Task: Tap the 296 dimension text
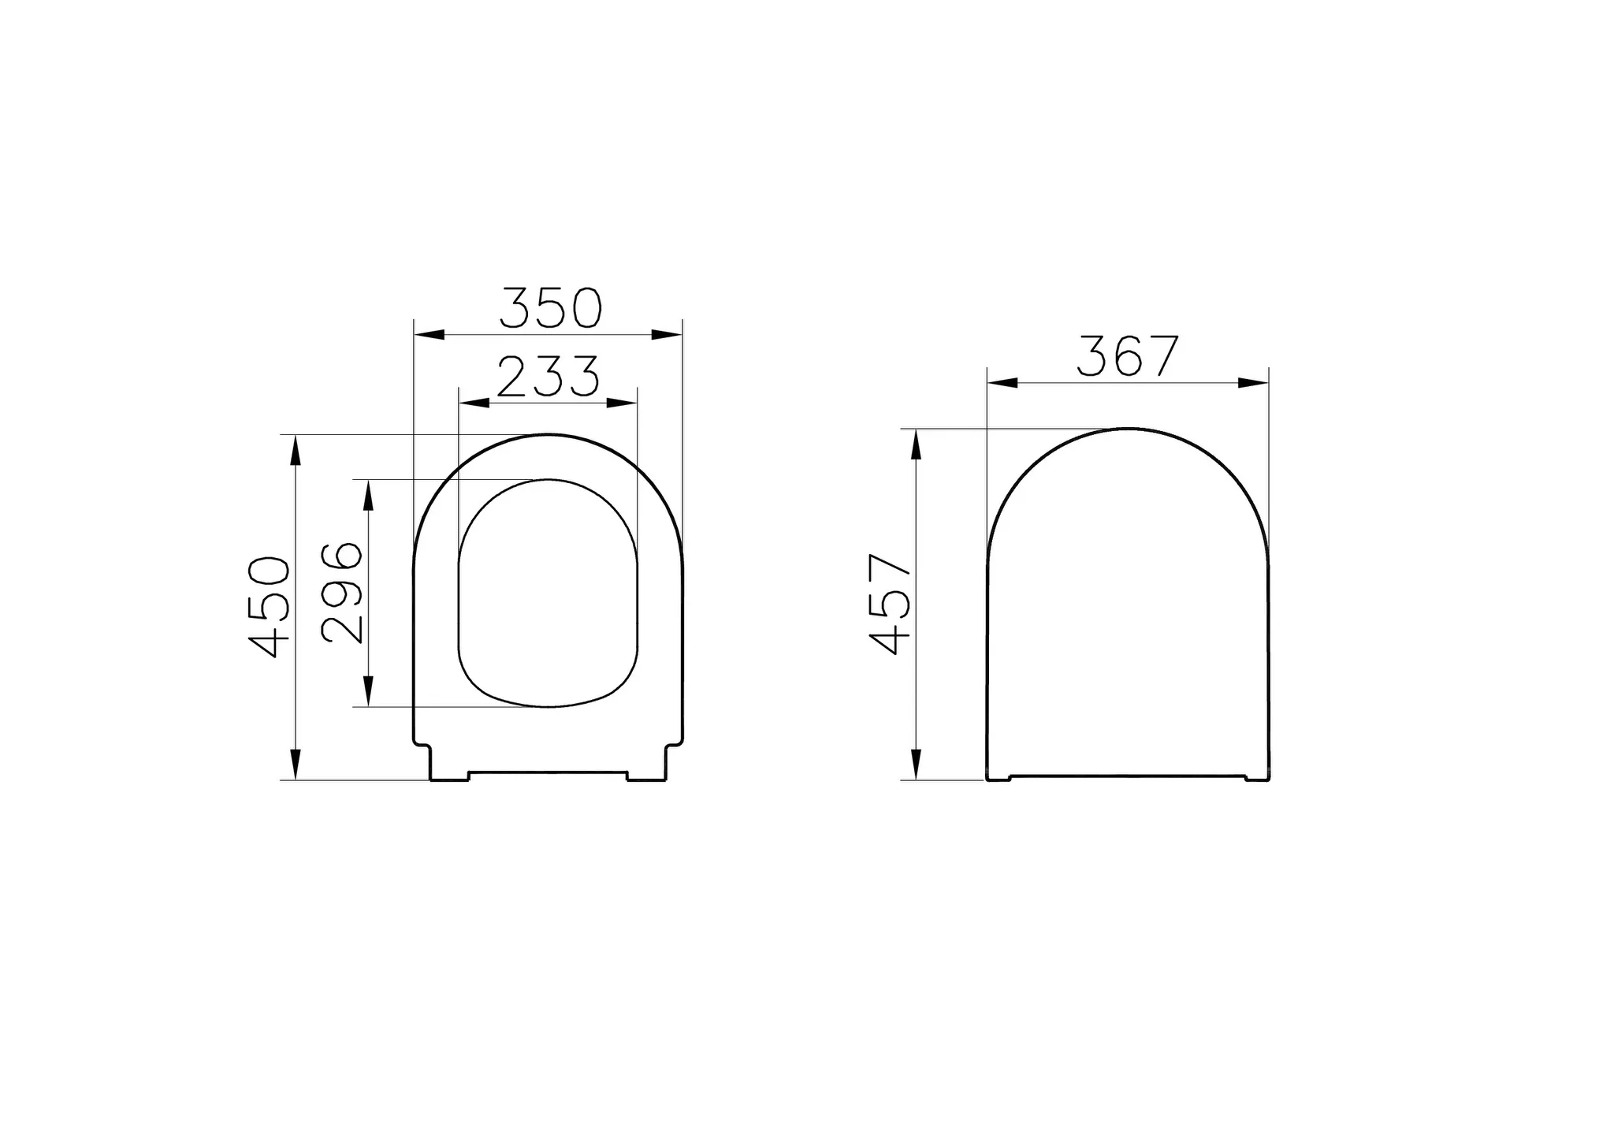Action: point(342,593)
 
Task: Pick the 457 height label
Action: point(890,604)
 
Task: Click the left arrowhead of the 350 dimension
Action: point(430,335)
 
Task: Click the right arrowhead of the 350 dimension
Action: point(667,335)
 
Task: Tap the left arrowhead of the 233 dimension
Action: point(474,403)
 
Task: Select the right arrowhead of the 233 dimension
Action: point(622,403)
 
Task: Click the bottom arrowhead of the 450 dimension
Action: point(296,764)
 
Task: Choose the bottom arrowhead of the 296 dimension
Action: point(367,691)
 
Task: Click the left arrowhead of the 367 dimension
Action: point(1002,383)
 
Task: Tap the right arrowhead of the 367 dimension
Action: point(1253,383)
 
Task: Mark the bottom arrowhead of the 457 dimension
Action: point(916,764)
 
